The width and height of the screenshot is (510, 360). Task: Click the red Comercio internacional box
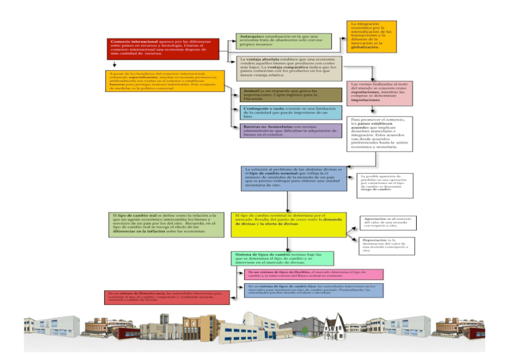164,48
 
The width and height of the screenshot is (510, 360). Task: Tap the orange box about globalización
372,36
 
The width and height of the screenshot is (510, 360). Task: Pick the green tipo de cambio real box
167,224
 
